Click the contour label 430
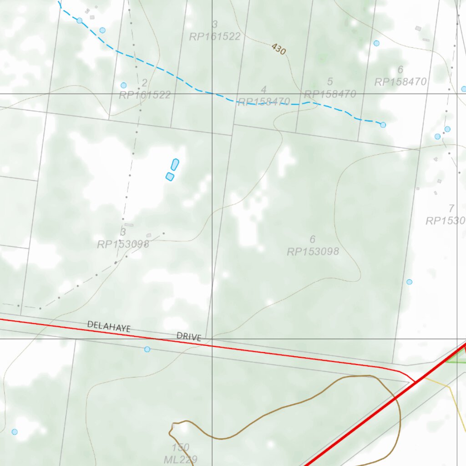[x=279, y=49]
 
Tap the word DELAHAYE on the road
[x=109, y=326]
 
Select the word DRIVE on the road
[x=189, y=336]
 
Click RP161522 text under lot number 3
[x=215, y=37]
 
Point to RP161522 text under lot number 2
[x=145, y=95]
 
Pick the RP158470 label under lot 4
[x=264, y=101]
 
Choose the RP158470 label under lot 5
[x=330, y=94]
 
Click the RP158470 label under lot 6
[x=400, y=82]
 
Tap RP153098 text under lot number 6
[x=313, y=251]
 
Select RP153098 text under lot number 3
[x=123, y=244]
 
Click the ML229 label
[x=181, y=460]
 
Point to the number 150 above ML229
[x=181, y=447]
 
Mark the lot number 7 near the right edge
[x=451, y=209]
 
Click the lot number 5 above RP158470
[x=330, y=82]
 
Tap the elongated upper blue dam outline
[x=175, y=164]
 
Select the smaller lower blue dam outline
[x=170, y=177]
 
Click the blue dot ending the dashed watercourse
[x=383, y=125]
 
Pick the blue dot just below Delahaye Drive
[x=147, y=349]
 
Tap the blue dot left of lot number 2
[x=123, y=85]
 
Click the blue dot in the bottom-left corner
[x=15, y=431]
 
